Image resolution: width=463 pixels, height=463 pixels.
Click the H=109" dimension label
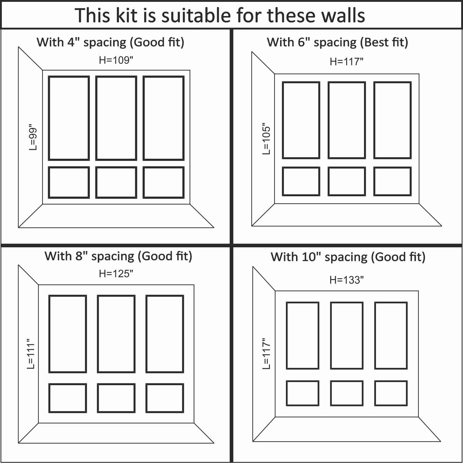[x=116, y=60]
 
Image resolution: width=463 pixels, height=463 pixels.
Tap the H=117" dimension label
[x=346, y=62]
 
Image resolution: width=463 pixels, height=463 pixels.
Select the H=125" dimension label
[x=116, y=273]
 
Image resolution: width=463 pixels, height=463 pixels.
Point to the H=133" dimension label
[x=346, y=280]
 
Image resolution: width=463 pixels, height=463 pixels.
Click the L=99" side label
[x=33, y=137]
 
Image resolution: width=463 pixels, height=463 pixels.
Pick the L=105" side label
[x=266, y=139]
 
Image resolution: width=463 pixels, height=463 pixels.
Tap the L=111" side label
[x=31, y=354]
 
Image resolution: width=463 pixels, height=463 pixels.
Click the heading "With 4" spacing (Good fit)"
[x=110, y=42]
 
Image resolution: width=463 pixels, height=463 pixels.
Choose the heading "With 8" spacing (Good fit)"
[x=118, y=256]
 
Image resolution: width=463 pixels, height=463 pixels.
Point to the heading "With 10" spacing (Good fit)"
[x=348, y=257]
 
